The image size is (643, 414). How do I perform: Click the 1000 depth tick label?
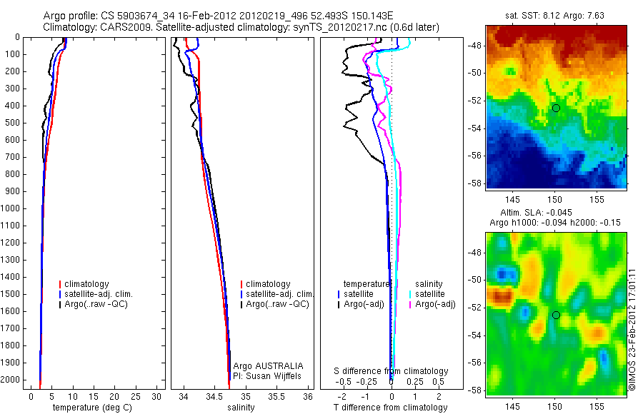[11, 209]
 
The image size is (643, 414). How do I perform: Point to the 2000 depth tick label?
[11, 381]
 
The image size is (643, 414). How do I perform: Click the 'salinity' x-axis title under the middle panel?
[240, 408]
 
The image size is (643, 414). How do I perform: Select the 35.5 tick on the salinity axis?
[276, 396]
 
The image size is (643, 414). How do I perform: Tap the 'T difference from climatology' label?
[390, 408]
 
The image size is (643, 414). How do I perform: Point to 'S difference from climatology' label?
[392, 371]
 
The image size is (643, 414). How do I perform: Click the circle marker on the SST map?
[556, 108]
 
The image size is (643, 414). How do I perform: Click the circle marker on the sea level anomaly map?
[556, 315]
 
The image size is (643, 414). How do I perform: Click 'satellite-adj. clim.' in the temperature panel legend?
[104, 294]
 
